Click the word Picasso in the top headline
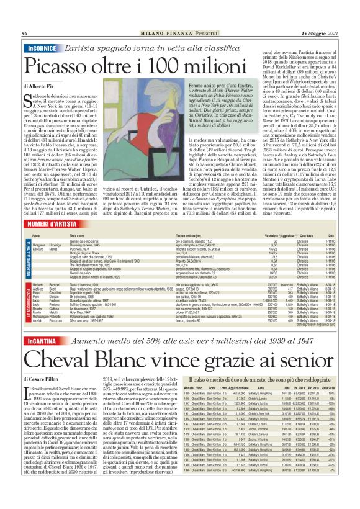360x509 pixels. (61, 65)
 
